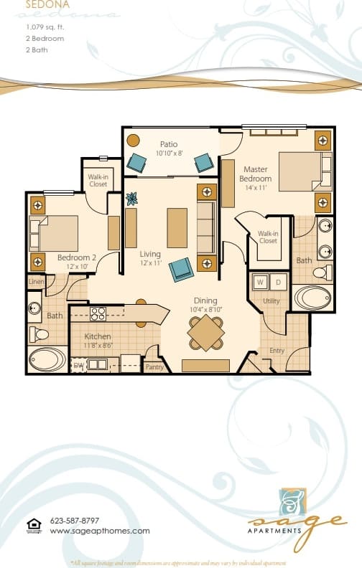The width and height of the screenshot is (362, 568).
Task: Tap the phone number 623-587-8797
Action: [x=75, y=521]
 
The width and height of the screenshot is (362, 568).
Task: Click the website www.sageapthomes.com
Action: [x=100, y=531]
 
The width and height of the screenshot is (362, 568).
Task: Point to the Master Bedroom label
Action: [x=255, y=174]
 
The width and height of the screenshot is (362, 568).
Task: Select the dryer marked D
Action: [x=278, y=282]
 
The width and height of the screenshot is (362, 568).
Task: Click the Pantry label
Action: [x=154, y=366]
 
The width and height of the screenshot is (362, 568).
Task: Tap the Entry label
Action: [x=277, y=350]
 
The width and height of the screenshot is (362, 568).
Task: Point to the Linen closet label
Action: [x=36, y=282]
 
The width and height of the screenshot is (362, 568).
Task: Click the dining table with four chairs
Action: [x=206, y=333]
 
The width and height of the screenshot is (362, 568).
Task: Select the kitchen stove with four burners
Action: [x=98, y=313]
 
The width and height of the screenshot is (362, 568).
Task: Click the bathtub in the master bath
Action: [x=313, y=298]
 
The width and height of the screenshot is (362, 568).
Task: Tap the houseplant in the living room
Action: [x=131, y=199]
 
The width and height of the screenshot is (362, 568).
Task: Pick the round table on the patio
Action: [x=134, y=141]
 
